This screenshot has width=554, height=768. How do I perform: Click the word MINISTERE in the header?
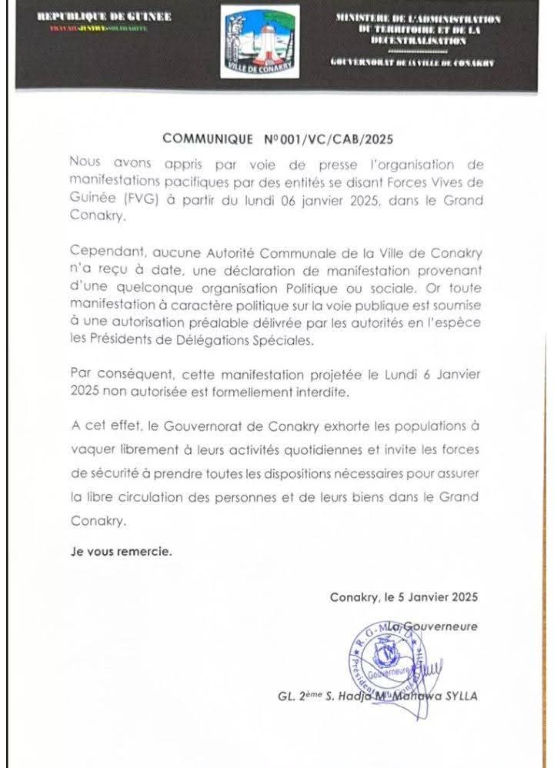[x=365, y=18]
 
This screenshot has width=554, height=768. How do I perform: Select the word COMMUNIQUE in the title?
[x=207, y=139]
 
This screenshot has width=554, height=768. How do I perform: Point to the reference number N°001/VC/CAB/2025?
[x=323, y=139]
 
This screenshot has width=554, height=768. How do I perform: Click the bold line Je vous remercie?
[x=122, y=552]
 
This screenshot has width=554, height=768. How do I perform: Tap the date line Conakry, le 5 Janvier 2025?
[x=404, y=596]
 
